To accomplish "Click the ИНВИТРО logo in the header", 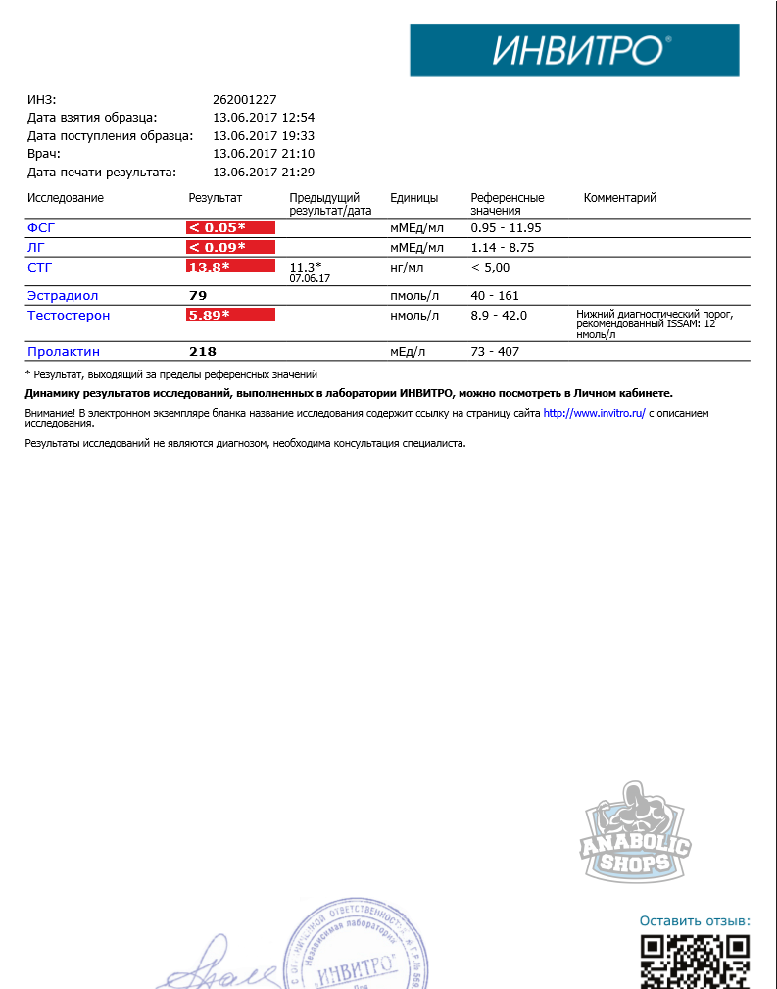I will (574, 50).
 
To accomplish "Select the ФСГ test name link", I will (41, 227).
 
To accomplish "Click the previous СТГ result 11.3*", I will (306, 267).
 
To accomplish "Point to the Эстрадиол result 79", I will (198, 295).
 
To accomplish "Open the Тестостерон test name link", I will (69, 315).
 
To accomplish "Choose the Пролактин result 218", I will (203, 351).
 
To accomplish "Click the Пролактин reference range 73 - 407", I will (495, 351).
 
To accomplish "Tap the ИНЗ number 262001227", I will (245, 99).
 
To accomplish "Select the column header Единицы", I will (413, 198).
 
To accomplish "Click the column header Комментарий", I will (619, 198).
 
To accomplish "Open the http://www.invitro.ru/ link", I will (594, 414).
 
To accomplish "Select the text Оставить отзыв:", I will (695, 921).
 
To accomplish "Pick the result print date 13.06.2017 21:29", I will (263, 172).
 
